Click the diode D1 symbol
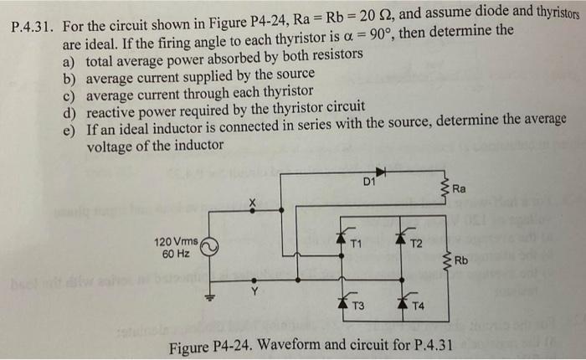click(381, 173)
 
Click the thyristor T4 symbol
click(400, 298)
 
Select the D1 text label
click(369, 182)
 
